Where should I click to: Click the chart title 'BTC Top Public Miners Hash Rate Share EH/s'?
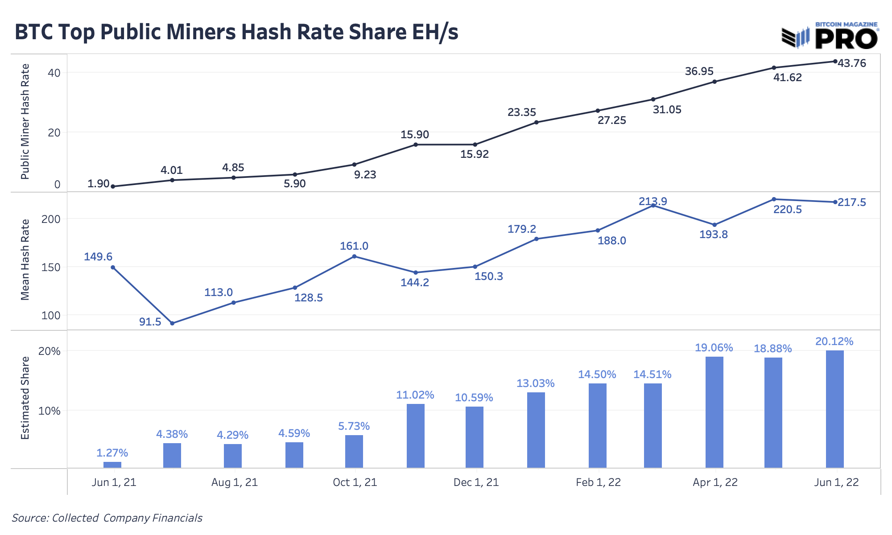click(236, 33)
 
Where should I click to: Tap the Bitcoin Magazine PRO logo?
click(830, 36)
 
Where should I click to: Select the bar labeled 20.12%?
click(834, 409)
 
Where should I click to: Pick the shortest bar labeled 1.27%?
click(112, 465)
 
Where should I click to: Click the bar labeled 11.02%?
click(415, 436)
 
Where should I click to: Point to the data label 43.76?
click(852, 64)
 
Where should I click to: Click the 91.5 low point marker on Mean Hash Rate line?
click(172, 323)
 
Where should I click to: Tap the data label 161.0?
click(354, 246)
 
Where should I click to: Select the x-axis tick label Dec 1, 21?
click(476, 482)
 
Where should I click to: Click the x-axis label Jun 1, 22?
click(836, 482)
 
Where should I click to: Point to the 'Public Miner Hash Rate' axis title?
click(25, 122)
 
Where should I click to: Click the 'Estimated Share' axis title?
click(25, 398)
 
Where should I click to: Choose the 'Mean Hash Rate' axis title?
click(25, 259)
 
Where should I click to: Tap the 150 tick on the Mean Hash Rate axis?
click(51, 267)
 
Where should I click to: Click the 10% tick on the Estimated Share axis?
click(50, 411)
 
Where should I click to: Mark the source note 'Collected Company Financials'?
click(107, 518)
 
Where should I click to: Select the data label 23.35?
click(522, 112)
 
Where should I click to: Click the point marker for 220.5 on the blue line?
click(774, 199)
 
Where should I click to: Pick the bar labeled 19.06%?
click(714, 412)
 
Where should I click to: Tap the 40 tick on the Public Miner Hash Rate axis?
click(54, 73)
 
